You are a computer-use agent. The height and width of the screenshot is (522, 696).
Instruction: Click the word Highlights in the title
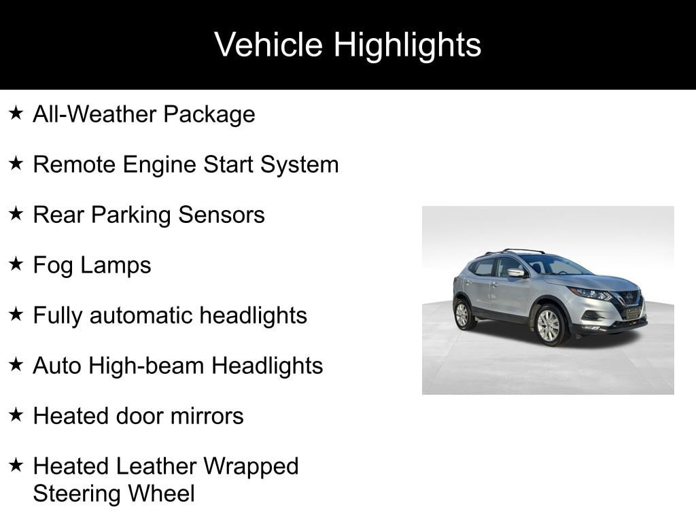pyautogui.click(x=407, y=45)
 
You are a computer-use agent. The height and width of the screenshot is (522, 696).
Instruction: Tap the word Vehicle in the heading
pyautogui.click(x=268, y=45)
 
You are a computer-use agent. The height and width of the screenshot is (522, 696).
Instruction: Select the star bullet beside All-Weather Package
pyautogui.click(x=16, y=113)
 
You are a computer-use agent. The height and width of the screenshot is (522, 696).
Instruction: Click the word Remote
pyautogui.click(x=74, y=164)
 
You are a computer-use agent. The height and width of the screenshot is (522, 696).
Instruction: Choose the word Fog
pyautogui.click(x=52, y=265)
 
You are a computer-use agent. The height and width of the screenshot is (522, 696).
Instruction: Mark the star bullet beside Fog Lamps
pyautogui.click(x=16, y=264)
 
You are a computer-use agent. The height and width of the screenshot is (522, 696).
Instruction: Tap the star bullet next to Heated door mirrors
pyautogui.click(x=16, y=415)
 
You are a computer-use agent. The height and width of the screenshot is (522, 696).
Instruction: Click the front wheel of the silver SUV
pyautogui.click(x=549, y=325)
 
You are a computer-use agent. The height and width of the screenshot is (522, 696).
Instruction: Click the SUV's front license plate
pyautogui.click(x=633, y=313)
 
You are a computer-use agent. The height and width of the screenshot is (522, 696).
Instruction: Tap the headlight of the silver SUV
pyautogui.click(x=590, y=294)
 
